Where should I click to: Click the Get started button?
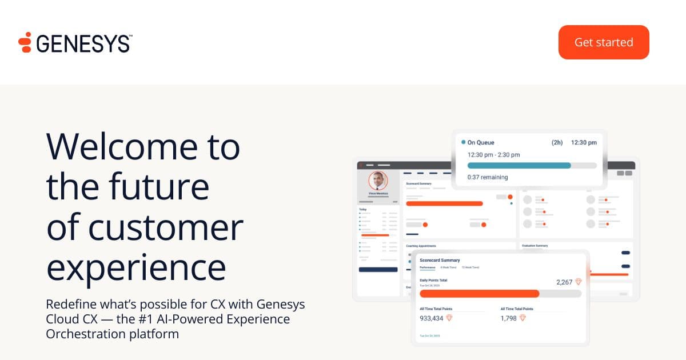coord(604,42)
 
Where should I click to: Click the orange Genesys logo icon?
coord(25,43)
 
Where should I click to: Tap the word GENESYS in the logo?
coord(83,43)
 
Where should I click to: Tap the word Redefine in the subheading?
coord(69,303)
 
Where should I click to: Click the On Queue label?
coord(481,142)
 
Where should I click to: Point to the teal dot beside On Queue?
coord(463,142)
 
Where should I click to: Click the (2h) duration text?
coord(557,142)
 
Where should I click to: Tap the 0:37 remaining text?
coord(488,177)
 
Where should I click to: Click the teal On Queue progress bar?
coord(519,165)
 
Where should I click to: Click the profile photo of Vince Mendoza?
coord(378,181)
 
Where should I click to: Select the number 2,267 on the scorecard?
coord(564,282)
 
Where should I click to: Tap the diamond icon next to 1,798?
coord(522,318)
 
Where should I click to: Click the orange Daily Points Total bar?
coord(479,294)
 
